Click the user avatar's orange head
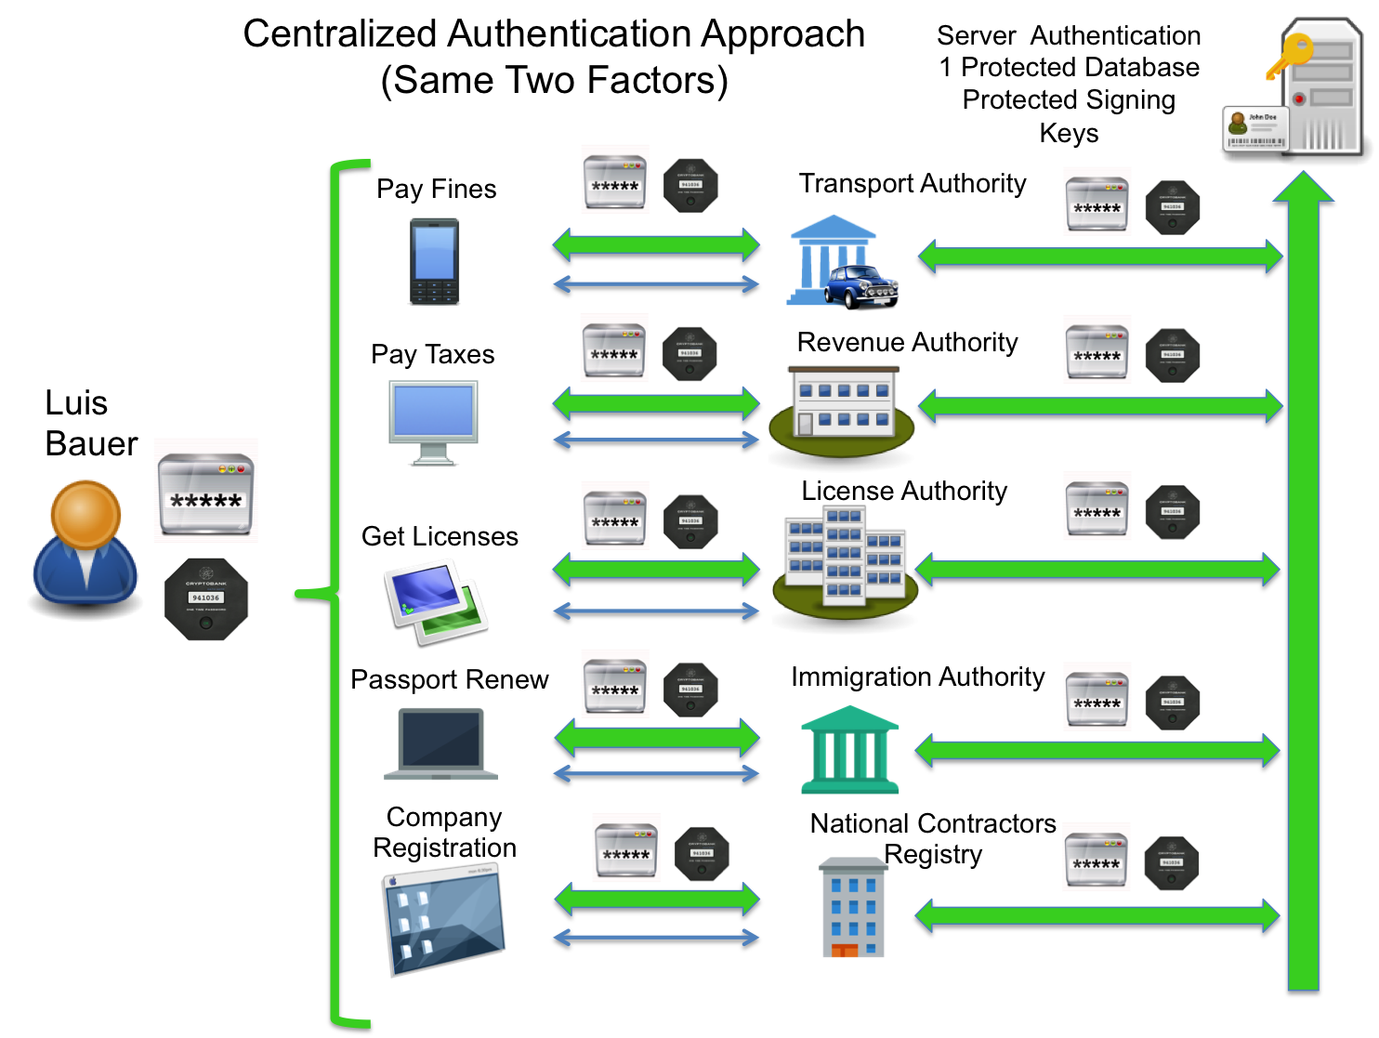pyautogui.click(x=85, y=514)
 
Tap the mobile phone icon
pyautogui.click(x=435, y=261)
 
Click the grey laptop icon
pyautogui.click(x=441, y=743)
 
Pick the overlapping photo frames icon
pyautogui.click(x=435, y=600)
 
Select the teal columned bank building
pyautogui.click(x=849, y=751)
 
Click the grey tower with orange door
pyautogui.click(x=853, y=908)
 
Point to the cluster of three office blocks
pyautogui.click(x=845, y=558)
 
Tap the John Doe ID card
pyautogui.click(x=1255, y=129)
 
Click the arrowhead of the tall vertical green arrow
pyautogui.click(x=1303, y=186)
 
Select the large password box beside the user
pyautogui.click(x=205, y=491)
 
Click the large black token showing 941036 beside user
pyautogui.click(x=205, y=598)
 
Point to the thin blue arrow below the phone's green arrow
pyautogui.click(x=656, y=283)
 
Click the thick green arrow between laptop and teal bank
pyautogui.click(x=657, y=738)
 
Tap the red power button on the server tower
pyautogui.click(x=1299, y=99)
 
